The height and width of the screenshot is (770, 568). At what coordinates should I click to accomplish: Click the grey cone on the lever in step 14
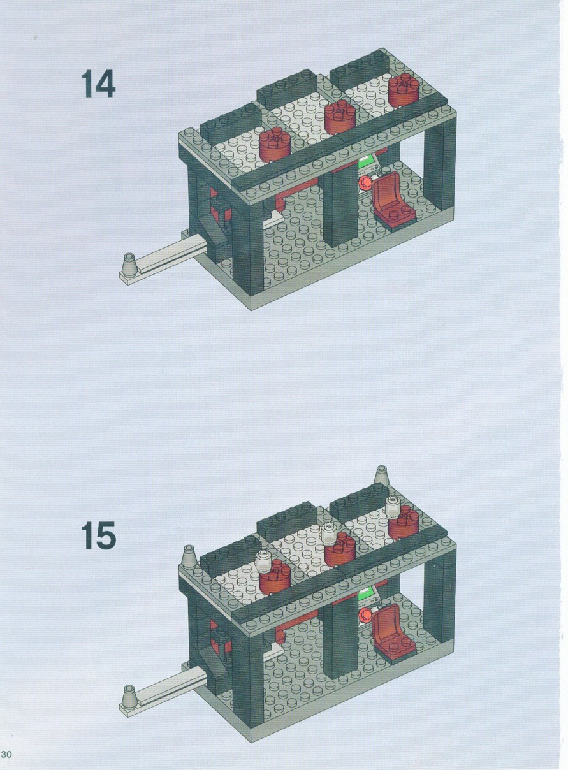(x=129, y=263)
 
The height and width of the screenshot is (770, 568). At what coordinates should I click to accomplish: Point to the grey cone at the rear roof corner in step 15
(x=381, y=475)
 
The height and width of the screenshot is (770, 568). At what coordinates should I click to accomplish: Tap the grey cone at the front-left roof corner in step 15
(x=189, y=555)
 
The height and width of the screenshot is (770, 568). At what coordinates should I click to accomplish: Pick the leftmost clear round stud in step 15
(x=265, y=559)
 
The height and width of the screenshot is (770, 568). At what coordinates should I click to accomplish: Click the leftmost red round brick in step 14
(x=275, y=145)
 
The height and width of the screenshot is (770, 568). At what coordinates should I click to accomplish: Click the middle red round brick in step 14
(x=340, y=118)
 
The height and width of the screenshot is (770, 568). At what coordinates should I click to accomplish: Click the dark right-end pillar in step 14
(x=439, y=168)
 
